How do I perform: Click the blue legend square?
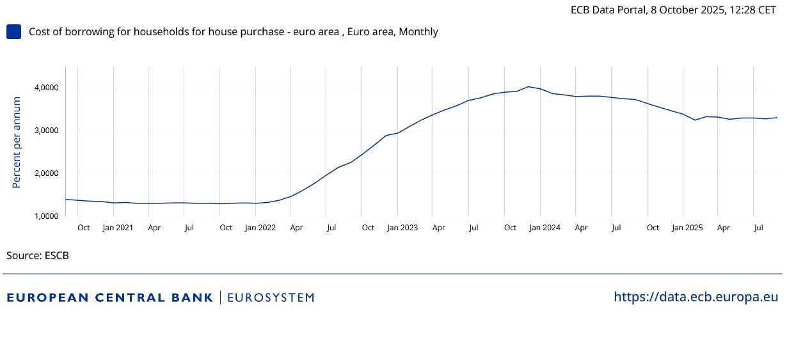click(x=13, y=32)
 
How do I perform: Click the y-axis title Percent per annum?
click(x=17, y=143)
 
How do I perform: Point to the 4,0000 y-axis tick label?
click(x=46, y=88)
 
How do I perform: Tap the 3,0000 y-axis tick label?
click(x=46, y=131)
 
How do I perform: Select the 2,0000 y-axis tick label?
click(x=46, y=173)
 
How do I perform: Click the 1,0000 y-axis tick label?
click(x=46, y=216)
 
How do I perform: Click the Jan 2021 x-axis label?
click(x=118, y=228)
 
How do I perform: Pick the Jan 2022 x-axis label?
click(x=260, y=228)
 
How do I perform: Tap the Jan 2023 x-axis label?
click(x=402, y=228)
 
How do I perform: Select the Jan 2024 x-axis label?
click(x=545, y=228)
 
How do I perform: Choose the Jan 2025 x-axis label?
click(x=687, y=228)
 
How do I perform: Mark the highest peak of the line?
click(x=529, y=86)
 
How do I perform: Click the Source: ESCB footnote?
click(x=38, y=256)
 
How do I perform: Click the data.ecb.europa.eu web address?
click(x=696, y=297)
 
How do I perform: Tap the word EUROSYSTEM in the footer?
click(x=271, y=297)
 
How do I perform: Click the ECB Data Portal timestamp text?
click(x=673, y=10)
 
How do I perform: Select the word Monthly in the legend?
click(x=418, y=32)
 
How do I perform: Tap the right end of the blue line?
click(x=777, y=117)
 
